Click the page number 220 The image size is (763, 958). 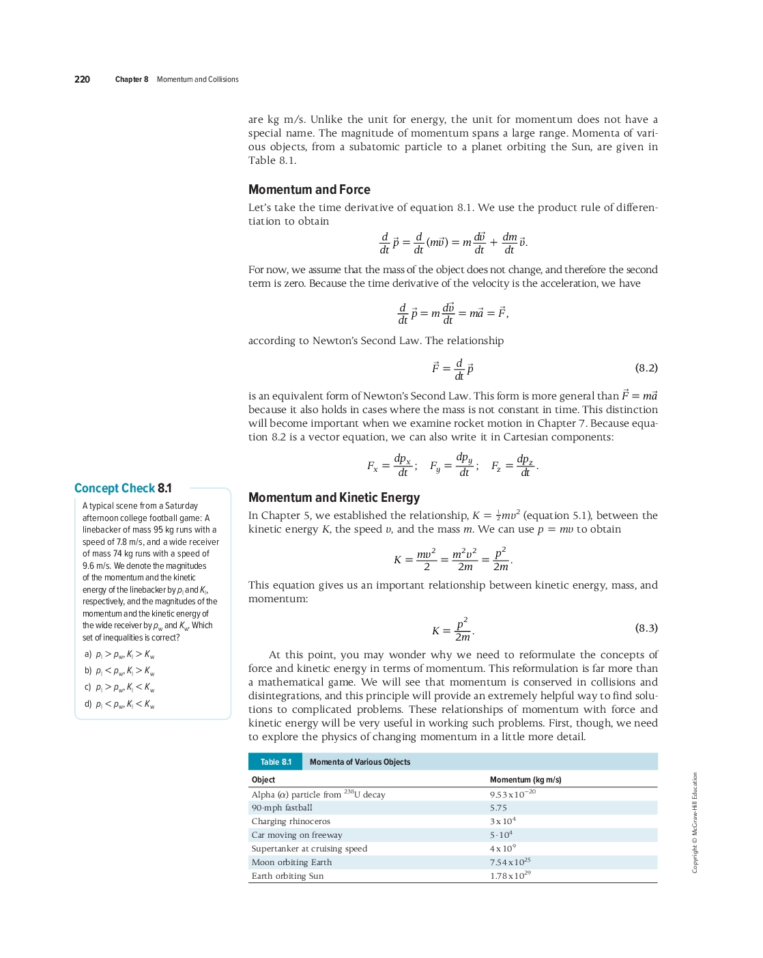82,79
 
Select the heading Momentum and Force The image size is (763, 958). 309,190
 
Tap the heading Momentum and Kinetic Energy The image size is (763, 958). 334,498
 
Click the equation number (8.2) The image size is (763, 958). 646,368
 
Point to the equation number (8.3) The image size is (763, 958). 646,628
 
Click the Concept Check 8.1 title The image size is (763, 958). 123,488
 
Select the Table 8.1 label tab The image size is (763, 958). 276,762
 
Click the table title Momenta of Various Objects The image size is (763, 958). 360,762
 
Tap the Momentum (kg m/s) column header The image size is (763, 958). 526,780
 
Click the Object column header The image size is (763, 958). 263,780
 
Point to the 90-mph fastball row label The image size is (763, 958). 282,808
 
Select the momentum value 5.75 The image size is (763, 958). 498,808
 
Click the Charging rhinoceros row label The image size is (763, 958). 291,821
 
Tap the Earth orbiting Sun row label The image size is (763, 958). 287,876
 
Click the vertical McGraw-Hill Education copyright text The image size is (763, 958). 695,822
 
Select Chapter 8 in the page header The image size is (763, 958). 132,79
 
